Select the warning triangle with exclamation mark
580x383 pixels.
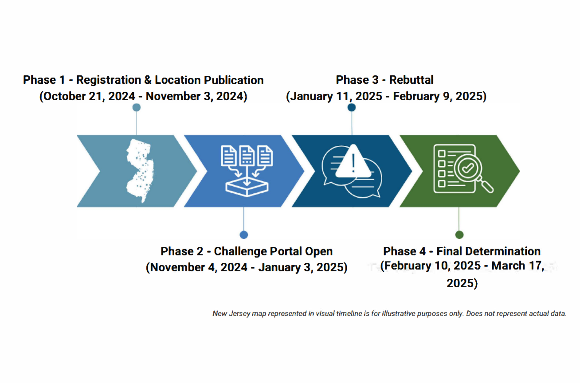[x=353, y=162]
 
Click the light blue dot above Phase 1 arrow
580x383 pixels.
[x=137, y=107]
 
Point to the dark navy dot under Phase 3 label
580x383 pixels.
[x=351, y=107]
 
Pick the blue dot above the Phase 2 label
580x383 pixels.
[x=243, y=234]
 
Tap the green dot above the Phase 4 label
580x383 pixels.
[x=459, y=234]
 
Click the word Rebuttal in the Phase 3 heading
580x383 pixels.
[x=411, y=80]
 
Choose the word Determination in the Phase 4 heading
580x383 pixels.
[x=488, y=251]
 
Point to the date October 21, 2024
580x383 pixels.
[x=89, y=97]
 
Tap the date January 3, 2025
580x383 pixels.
[x=301, y=267]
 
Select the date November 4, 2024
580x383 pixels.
[x=199, y=267]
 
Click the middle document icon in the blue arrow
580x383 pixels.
[x=247, y=156]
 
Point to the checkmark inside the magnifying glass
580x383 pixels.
[x=468, y=168]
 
